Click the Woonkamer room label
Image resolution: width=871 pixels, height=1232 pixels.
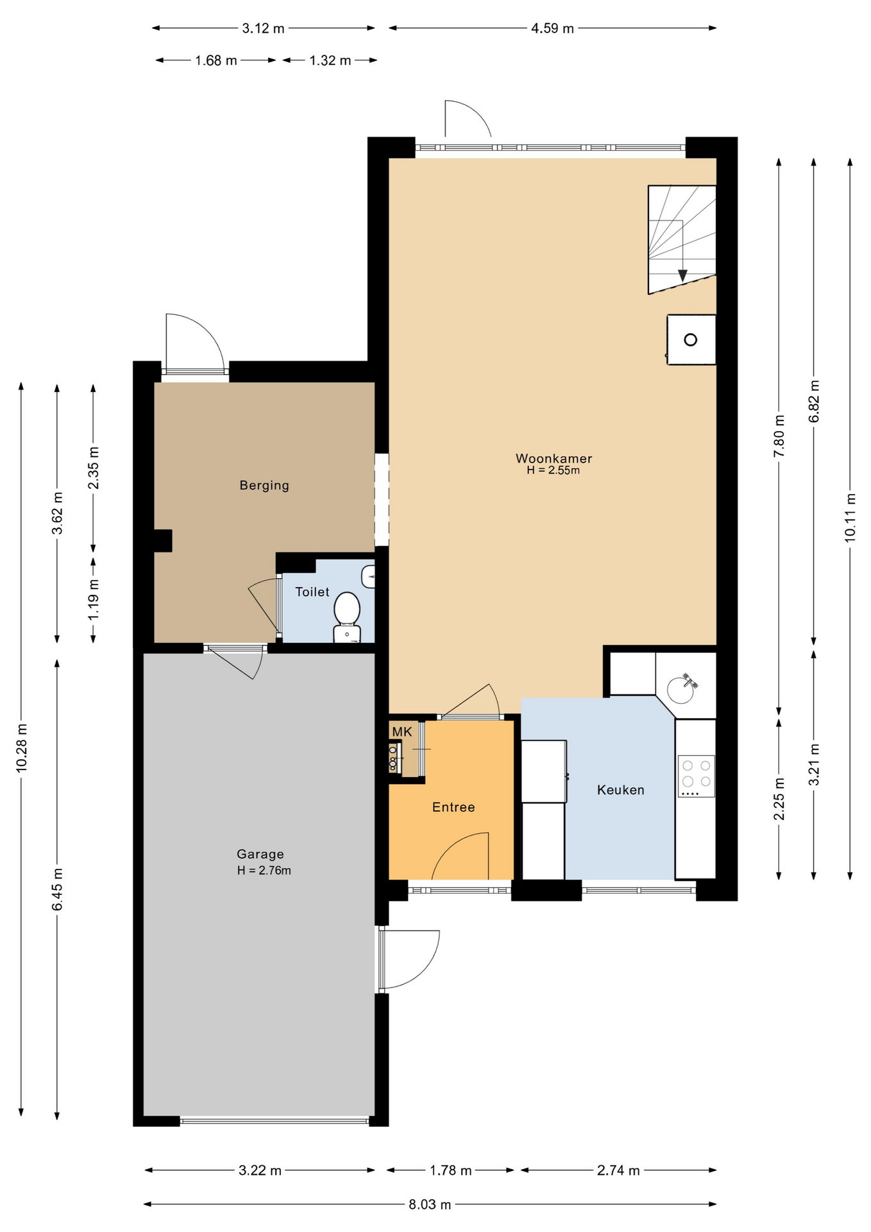click(554, 458)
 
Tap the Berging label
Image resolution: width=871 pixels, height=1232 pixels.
click(264, 486)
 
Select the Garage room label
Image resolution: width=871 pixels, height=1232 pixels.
click(260, 854)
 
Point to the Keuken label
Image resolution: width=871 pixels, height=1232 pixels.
click(620, 790)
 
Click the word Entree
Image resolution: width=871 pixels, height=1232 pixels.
click(453, 807)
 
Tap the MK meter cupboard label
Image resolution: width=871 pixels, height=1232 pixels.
click(402, 732)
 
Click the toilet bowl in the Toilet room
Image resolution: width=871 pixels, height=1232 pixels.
click(347, 615)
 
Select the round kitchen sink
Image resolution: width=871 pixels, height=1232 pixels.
click(681, 690)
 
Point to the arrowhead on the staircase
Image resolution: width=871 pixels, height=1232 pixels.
click(682, 275)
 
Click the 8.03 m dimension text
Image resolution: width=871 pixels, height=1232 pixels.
click(430, 1204)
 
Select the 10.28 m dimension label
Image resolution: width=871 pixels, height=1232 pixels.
click(22, 747)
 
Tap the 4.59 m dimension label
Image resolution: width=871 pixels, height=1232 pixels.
click(552, 28)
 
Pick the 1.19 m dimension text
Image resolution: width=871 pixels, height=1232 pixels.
click(94, 599)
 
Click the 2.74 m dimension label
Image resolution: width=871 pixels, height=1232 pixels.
click(618, 1170)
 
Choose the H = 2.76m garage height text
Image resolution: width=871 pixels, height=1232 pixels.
click(264, 871)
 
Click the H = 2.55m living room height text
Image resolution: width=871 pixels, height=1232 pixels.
click(554, 470)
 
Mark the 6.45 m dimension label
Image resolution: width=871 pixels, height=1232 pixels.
click(58, 889)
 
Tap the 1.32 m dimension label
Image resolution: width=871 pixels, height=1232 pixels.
click(330, 60)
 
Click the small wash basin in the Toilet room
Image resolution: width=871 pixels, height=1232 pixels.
click(368, 576)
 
